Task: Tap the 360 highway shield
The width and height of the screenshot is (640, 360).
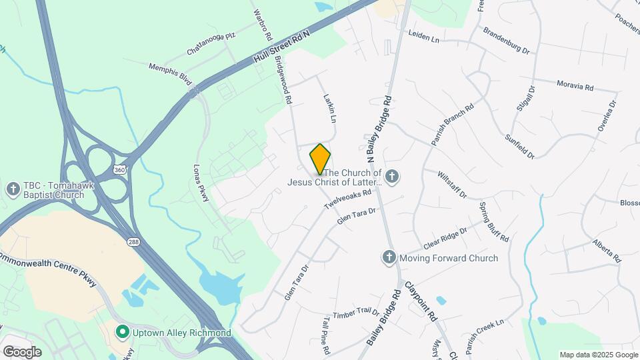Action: pyautogui.click(x=119, y=169)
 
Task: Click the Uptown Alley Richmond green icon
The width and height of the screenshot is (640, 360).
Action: pyautogui.click(x=122, y=331)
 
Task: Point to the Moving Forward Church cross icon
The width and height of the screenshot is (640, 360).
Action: pyautogui.click(x=389, y=257)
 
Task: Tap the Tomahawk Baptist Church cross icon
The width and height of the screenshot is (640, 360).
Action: pyautogui.click(x=13, y=189)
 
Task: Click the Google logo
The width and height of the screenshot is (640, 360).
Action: pyautogui.click(x=22, y=351)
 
